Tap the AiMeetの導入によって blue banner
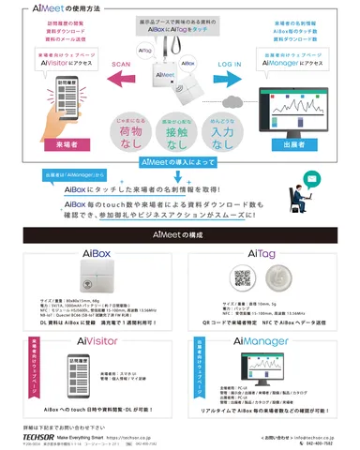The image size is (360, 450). click(x=179, y=161)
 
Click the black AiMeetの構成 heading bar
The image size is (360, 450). click(x=180, y=239)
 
